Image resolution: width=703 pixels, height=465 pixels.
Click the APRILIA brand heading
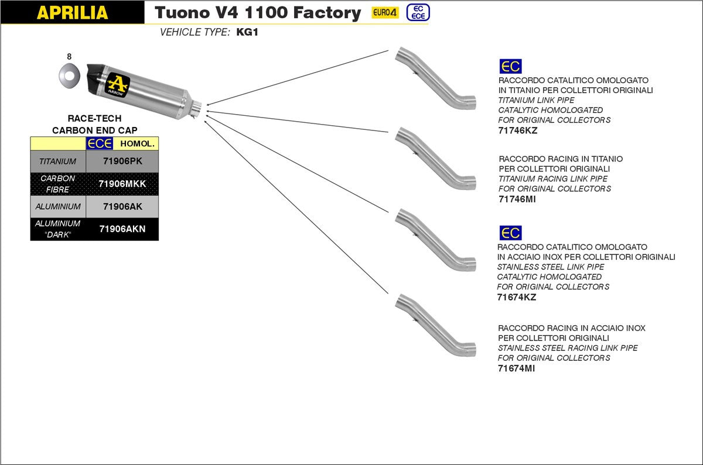coord(72,13)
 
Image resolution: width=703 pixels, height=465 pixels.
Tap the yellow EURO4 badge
coord(385,13)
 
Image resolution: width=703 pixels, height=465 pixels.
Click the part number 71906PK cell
coord(122,161)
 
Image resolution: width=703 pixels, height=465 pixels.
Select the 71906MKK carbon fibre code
coord(122,184)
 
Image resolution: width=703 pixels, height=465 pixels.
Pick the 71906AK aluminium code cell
coord(122,206)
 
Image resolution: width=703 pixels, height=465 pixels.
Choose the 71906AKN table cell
coord(122,229)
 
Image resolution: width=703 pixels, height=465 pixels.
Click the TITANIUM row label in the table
coord(57,161)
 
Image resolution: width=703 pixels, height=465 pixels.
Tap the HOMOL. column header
coord(138,143)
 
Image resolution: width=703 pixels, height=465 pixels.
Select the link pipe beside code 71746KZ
coord(435,77)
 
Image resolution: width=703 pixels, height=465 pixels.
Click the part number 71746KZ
coord(517,130)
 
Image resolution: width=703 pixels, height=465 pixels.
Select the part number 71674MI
coord(516,368)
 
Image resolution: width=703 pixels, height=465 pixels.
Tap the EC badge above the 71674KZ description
coord(510,233)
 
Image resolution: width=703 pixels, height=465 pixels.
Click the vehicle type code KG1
coord(247,32)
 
